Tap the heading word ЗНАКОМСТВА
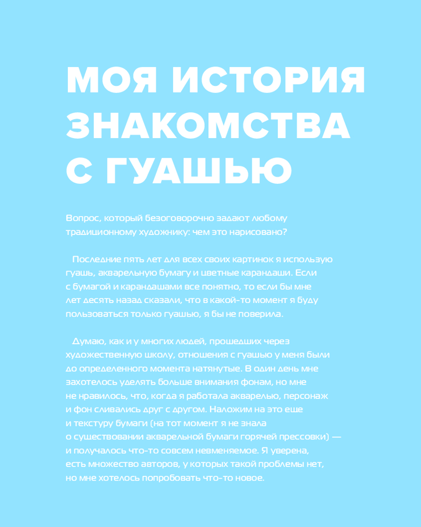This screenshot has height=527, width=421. [208, 125]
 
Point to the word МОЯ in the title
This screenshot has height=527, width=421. [112, 81]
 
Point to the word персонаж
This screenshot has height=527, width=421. [313, 396]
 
